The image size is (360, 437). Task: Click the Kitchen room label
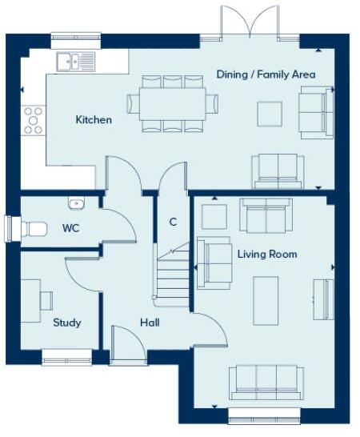click(x=94, y=120)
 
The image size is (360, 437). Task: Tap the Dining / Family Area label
click(x=266, y=74)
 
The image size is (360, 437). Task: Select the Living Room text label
click(x=267, y=255)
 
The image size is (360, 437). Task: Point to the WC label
click(x=71, y=228)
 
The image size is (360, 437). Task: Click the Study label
click(x=66, y=323)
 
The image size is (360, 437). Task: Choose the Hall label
click(x=149, y=323)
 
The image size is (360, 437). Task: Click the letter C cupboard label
click(x=172, y=222)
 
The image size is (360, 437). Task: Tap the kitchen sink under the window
click(x=76, y=59)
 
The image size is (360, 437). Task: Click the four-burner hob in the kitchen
click(x=33, y=120)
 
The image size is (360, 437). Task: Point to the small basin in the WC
click(x=77, y=202)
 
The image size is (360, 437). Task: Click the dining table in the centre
click(x=172, y=103)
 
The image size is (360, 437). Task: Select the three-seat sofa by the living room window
click(x=266, y=381)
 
